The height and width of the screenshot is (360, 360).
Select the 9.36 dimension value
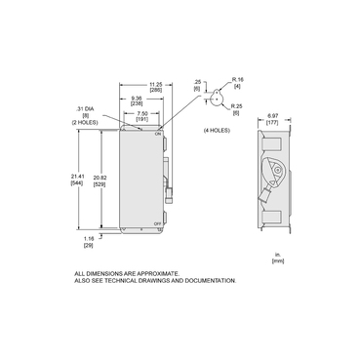[139, 97]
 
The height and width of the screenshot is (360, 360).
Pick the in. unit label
[278, 255]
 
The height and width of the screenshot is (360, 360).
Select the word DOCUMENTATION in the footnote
[208, 280]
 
